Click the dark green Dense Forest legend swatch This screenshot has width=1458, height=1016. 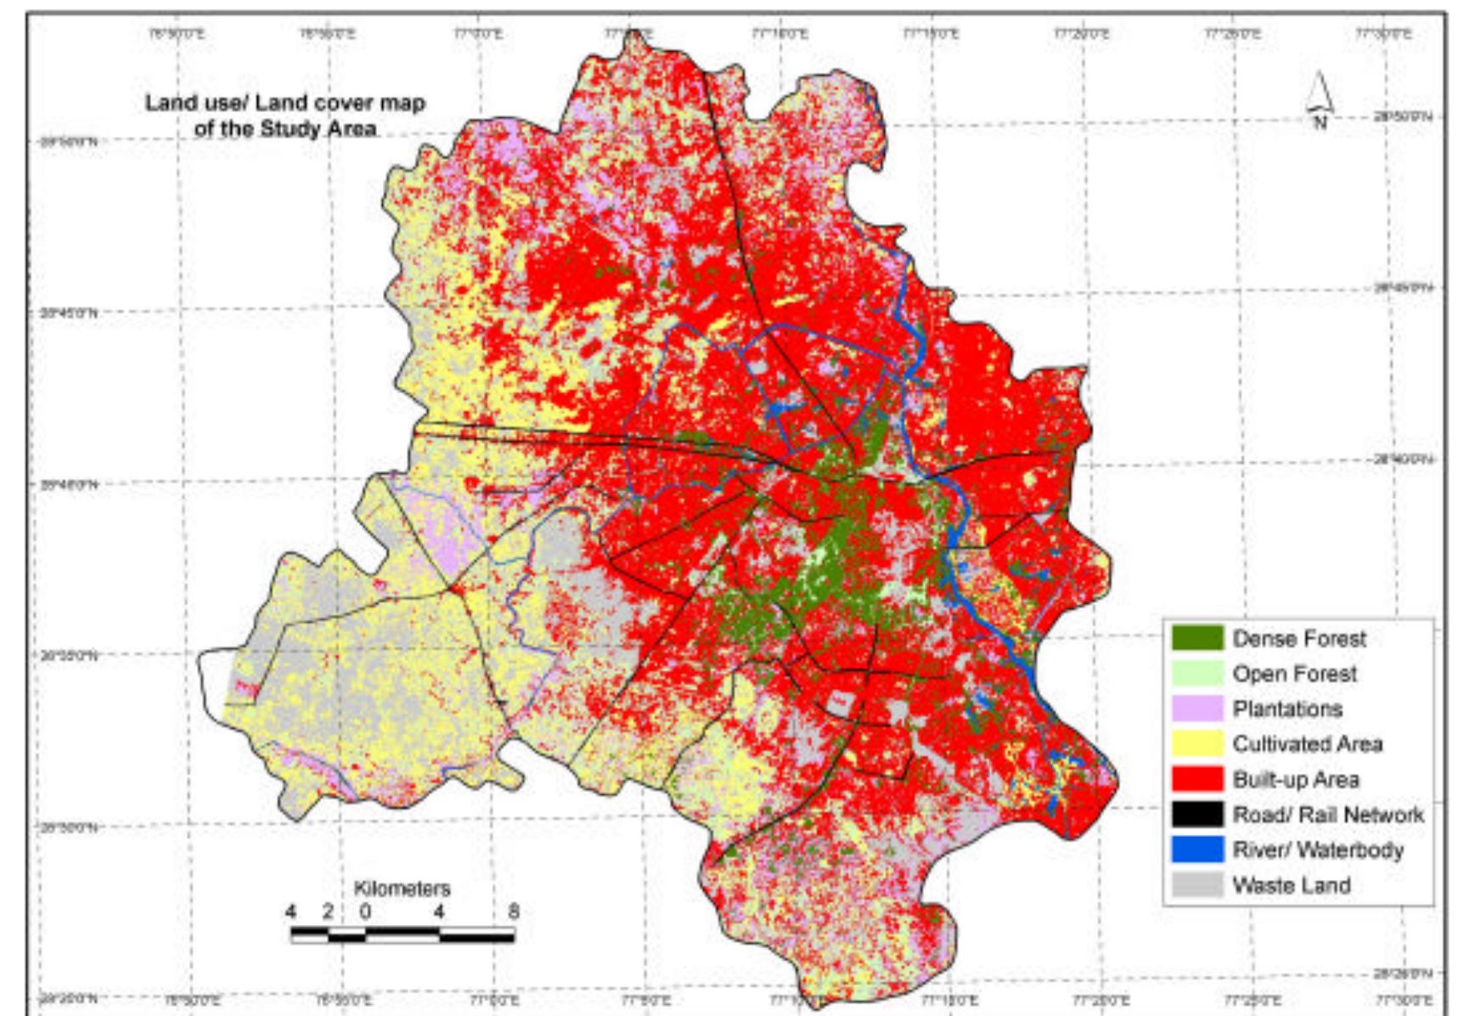(1196, 638)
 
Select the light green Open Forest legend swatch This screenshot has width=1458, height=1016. (1196, 674)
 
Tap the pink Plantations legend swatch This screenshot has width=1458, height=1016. (1196, 708)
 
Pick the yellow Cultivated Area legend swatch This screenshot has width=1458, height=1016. (1196, 744)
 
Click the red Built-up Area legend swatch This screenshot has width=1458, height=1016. (1196, 779)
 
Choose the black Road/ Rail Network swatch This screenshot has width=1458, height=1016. (1196, 815)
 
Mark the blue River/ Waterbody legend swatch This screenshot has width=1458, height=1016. (1196, 849)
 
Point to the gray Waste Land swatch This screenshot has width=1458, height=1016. (1196, 885)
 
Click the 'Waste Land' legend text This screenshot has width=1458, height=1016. (1291, 885)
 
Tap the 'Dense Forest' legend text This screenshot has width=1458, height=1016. (1299, 638)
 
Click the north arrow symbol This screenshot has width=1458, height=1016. (1319, 95)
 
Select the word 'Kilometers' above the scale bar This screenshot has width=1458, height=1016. (402, 889)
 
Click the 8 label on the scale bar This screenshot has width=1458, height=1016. (514, 912)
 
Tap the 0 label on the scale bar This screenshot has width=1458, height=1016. (365, 912)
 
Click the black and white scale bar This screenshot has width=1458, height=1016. (402, 936)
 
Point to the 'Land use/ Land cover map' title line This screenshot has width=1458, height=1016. (285, 103)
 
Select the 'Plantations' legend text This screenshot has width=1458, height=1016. (1287, 708)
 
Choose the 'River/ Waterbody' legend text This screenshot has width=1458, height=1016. (1317, 849)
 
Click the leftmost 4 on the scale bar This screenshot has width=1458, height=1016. (291, 912)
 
